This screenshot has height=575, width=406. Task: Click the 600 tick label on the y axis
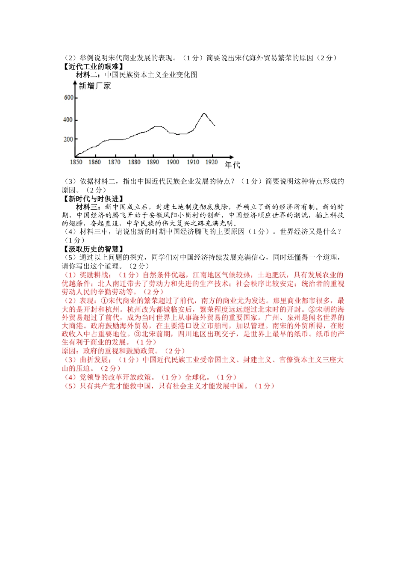pos(68,98)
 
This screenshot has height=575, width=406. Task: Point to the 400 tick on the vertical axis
pos(68,120)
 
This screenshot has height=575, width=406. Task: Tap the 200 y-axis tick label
pos(68,139)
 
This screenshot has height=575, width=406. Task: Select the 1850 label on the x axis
pos(76,162)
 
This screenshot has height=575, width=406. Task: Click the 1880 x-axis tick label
pos(134,162)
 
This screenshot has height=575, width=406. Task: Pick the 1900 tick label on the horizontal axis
pos(173,162)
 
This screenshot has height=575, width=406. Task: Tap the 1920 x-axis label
pos(212,162)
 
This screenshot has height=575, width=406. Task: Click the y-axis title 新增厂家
pos(95,86)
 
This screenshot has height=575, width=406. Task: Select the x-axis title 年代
pos(232,165)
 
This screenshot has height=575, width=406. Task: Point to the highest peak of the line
pos(204,113)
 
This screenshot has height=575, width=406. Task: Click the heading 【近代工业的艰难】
pos(93,66)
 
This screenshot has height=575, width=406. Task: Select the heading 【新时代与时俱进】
pos(93,199)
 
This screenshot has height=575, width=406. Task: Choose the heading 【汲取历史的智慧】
pos(93,249)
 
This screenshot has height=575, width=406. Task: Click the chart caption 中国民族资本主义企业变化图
pos(151,75)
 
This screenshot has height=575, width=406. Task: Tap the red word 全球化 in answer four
pos(196,377)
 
